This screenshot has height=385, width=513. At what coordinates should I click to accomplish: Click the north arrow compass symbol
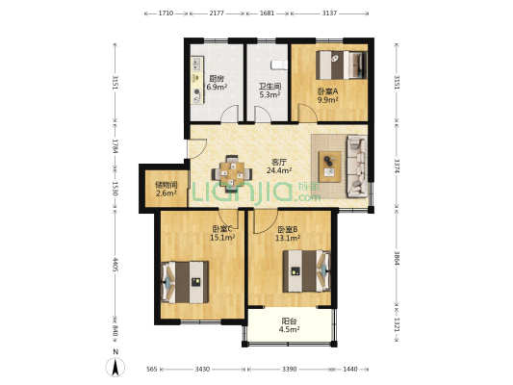pos(115,367)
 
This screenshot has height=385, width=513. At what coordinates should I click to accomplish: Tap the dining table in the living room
pos(232,173)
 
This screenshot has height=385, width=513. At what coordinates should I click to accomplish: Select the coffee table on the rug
pos(330,167)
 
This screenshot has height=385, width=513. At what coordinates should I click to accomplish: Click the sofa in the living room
pos(357,167)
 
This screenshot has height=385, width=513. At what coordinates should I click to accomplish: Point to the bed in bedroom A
pos(342,64)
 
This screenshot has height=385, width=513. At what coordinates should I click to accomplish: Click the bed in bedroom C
pos(185,282)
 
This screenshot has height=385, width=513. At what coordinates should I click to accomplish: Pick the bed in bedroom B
pos(307,270)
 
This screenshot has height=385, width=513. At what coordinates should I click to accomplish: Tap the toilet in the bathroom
pos(279,64)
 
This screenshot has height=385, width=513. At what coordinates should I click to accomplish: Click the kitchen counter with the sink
pos(197,80)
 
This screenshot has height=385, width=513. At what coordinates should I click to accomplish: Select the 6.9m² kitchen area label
pos(217,87)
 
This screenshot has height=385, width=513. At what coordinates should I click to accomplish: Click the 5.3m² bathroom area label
pos(269,95)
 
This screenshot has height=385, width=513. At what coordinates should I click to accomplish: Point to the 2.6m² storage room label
pos(167,193)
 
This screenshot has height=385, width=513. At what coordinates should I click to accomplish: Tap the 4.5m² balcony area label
pos(289,329)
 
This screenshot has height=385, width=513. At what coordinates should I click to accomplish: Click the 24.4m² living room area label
pos(279,170)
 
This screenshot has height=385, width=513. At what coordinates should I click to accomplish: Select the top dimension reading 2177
pos(217,13)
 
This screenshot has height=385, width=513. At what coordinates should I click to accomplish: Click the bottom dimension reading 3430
pos(202,369)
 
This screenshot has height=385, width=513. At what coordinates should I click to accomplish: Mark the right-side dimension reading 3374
pos(397,167)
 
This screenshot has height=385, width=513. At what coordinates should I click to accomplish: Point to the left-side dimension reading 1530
pos(115,189)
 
